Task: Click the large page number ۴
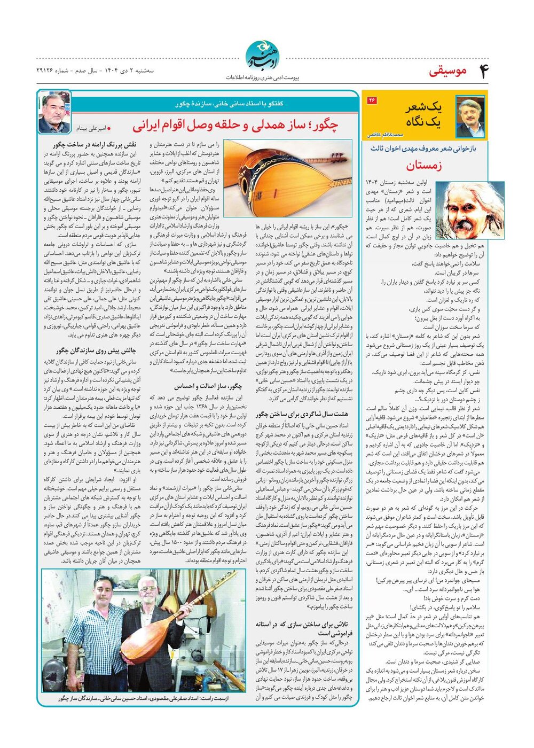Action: click(x=483, y=71)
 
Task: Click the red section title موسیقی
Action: click(x=447, y=71)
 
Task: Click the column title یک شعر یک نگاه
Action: click(x=423, y=114)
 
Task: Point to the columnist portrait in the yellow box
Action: click(x=470, y=116)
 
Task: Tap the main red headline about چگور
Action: click(x=235, y=126)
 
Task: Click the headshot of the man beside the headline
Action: click(x=54, y=113)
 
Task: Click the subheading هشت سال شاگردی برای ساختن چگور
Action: click(x=302, y=414)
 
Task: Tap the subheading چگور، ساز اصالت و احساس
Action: click(x=208, y=386)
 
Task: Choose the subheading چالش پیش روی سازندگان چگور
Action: click(x=97, y=351)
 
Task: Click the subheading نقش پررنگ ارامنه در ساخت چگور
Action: click(x=95, y=144)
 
